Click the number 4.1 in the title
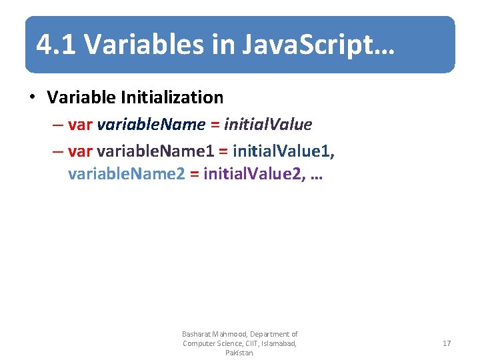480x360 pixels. coord(57,45)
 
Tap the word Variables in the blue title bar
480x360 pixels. coord(127,45)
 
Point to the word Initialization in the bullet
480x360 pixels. coord(172,97)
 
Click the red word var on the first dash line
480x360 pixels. coord(81,125)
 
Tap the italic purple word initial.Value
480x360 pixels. coord(268,125)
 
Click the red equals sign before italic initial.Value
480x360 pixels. coord(215,125)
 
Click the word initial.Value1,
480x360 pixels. coord(284,151)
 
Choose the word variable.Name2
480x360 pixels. coord(126,175)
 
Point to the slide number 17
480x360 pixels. coord(447,343)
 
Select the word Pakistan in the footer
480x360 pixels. coord(239,353)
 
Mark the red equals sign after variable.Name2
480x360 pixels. coord(194,175)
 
